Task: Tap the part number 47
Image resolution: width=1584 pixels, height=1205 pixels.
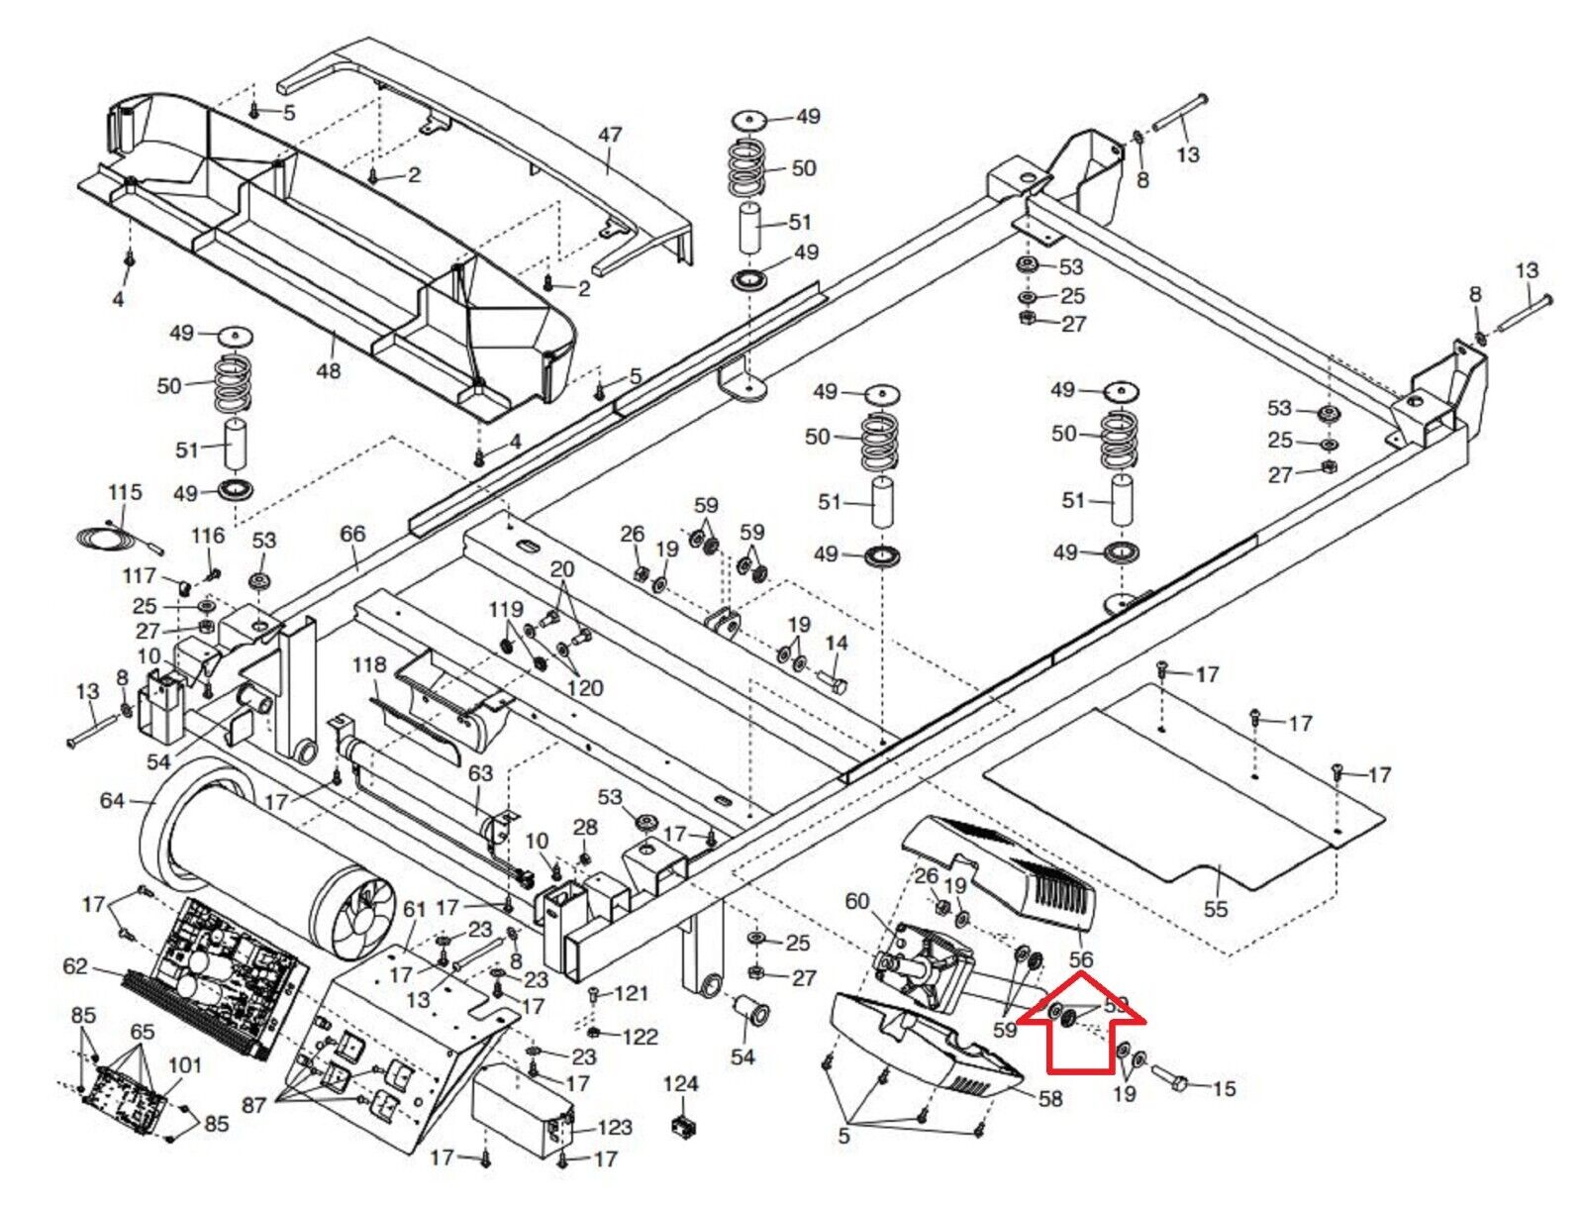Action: (x=610, y=135)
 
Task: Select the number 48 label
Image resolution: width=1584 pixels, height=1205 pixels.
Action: (x=328, y=370)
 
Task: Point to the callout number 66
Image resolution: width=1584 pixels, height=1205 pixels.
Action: (x=352, y=534)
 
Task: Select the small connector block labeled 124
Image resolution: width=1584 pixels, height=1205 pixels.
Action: (x=681, y=1126)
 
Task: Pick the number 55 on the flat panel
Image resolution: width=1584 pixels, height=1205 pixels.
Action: (x=1215, y=908)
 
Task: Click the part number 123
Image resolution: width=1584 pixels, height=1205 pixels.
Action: (x=615, y=1127)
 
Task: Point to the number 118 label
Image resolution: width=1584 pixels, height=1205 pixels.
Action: (x=368, y=664)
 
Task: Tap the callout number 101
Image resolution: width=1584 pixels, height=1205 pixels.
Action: (x=185, y=1065)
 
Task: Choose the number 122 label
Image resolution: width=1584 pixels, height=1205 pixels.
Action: (x=640, y=1037)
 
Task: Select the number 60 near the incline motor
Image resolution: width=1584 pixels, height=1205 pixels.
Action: (x=856, y=901)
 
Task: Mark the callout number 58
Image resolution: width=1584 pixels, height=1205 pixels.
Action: (x=1049, y=1098)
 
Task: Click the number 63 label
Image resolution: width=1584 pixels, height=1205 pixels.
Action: (x=480, y=772)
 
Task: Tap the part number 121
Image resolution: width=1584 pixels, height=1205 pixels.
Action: (x=631, y=993)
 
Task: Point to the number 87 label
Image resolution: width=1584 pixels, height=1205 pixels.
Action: (x=254, y=1103)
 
